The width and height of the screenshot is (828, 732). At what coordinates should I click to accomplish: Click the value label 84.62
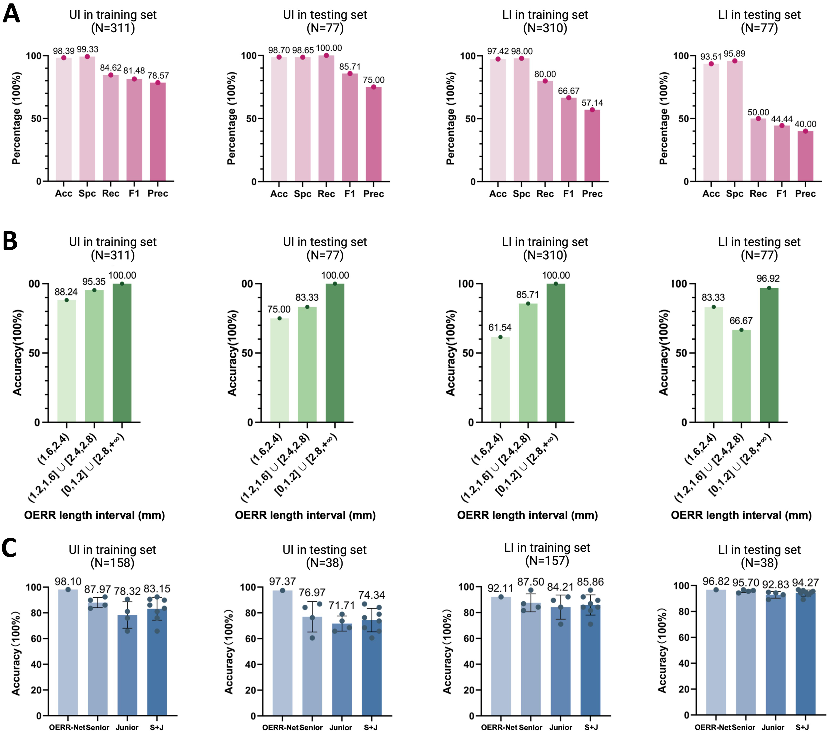(x=111, y=68)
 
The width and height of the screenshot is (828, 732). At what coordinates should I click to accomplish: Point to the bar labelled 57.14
(x=592, y=145)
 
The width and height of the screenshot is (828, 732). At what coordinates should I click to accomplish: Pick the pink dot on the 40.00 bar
(x=805, y=131)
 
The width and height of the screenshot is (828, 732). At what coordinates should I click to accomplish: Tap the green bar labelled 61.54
(x=500, y=380)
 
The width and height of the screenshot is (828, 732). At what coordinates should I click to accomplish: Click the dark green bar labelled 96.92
(x=769, y=355)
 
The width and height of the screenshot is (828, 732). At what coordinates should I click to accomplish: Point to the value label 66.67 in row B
(x=741, y=321)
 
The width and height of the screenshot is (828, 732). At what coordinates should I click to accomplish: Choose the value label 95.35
(x=94, y=281)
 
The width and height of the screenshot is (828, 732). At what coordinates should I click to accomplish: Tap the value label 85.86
(x=590, y=582)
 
